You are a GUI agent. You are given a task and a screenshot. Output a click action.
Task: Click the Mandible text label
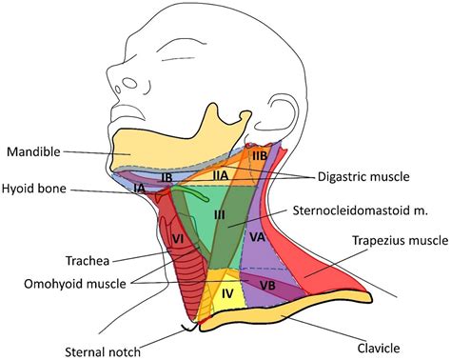tap(34, 151)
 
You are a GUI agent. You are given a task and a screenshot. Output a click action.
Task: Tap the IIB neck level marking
tap(258, 154)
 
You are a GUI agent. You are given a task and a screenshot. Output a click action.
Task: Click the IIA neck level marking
tap(220, 175)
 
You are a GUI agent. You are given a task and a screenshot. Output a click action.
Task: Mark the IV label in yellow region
tap(227, 294)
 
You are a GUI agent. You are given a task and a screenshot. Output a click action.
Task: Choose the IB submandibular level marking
tap(165, 177)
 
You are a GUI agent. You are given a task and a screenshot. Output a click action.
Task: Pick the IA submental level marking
tap(140, 190)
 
